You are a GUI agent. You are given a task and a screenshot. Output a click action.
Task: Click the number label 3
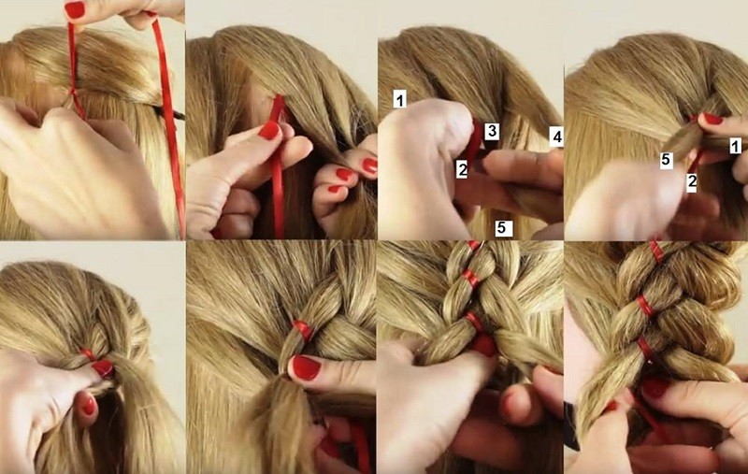pyautogui.click(x=492, y=131)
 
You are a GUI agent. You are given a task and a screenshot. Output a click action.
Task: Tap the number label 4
pyautogui.click(x=556, y=136)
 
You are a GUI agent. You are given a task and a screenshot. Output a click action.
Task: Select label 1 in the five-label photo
pyautogui.click(x=400, y=100)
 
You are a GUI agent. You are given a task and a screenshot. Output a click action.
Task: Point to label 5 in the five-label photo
pyautogui.click(x=501, y=228)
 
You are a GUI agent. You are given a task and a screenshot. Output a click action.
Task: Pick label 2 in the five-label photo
pyautogui.click(x=462, y=170)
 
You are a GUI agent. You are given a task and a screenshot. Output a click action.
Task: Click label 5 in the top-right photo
pyautogui.click(x=667, y=160)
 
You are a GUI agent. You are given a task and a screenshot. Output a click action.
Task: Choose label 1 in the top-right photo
pyautogui.click(x=736, y=146)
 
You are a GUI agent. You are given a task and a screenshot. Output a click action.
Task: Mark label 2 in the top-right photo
pyautogui.click(x=692, y=182)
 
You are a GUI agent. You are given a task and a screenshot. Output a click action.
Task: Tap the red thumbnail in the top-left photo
pyautogui.click(x=75, y=10)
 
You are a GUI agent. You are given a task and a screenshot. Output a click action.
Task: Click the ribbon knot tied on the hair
pyautogui.click(x=73, y=92)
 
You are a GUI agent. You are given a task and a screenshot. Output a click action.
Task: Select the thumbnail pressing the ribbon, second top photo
pyautogui.click(x=269, y=130)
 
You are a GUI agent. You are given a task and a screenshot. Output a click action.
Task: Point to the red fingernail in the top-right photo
pyautogui.click(x=712, y=119)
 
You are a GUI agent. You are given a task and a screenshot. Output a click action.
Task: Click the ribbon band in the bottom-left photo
pyautogui.click(x=88, y=354)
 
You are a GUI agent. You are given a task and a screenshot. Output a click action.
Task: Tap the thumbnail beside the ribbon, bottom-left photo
pyautogui.click(x=103, y=367)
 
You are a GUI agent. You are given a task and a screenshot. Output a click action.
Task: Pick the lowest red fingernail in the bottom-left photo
pyautogui.click(x=89, y=407)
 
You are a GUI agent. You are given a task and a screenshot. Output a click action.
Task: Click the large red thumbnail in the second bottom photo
pyautogui.click(x=306, y=367)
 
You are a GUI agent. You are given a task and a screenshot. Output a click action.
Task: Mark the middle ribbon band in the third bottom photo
pyautogui.click(x=470, y=278)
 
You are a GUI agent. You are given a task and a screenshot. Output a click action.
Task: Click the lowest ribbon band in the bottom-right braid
pyautogui.click(x=645, y=348)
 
